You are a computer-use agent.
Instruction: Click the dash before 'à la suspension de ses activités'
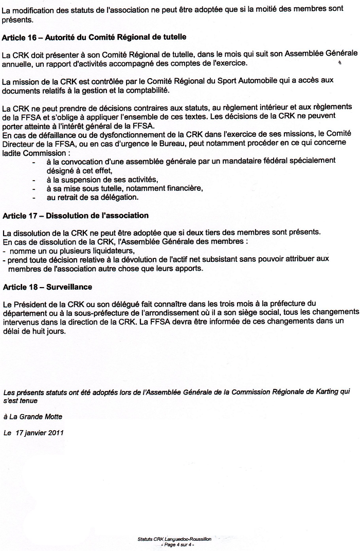33,180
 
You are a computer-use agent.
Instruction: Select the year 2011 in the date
55,433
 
